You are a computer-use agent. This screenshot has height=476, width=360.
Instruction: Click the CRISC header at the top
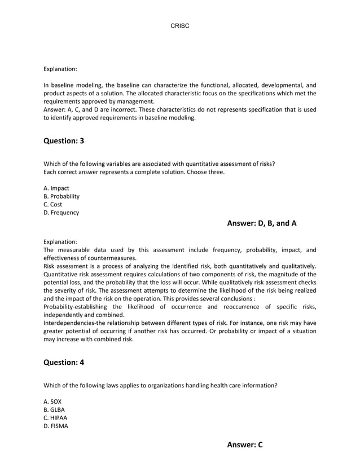179,27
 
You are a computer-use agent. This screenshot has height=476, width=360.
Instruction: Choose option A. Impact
57,188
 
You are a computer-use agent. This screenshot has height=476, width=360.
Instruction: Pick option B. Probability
62,196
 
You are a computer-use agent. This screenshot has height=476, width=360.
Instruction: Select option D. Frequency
62,213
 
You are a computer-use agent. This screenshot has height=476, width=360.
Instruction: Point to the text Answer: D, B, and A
262,223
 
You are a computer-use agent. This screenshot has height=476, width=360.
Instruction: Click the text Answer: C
245,445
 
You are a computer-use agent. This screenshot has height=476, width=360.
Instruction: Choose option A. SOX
52,402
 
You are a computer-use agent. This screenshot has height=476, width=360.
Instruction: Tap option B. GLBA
54,409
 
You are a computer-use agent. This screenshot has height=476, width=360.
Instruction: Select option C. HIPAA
55,418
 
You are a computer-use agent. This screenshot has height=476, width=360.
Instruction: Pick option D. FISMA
56,426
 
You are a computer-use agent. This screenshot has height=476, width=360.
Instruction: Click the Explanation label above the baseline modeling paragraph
60,69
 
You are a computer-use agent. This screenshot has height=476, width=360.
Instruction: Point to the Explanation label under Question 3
60,241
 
